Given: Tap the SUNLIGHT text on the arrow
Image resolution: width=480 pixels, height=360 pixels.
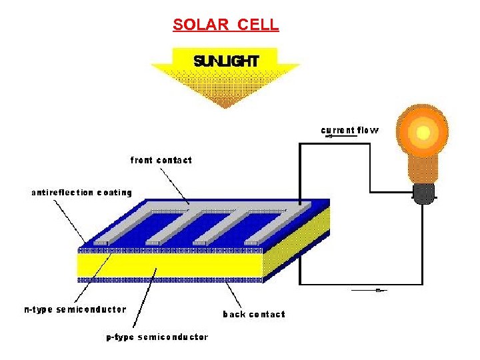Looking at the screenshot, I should [x=225, y=61].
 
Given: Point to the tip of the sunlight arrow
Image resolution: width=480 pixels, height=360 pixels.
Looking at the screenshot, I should [x=225, y=107].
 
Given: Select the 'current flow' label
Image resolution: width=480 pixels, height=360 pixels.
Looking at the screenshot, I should [x=350, y=129].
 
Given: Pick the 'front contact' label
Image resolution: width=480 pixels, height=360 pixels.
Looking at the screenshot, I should [x=161, y=160].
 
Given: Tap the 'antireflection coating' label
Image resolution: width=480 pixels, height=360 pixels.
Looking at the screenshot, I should [x=81, y=193].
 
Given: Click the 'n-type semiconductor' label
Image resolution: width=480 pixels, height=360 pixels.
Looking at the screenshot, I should [x=75, y=309].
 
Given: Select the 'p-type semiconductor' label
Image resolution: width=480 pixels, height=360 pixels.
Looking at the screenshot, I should [x=157, y=337].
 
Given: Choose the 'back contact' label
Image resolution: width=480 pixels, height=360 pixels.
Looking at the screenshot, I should [x=253, y=314].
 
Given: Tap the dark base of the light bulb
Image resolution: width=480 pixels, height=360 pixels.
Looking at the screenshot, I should [x=423, y=193].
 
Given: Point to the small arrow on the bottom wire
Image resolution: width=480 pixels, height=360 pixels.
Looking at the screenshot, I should [x=378, y=291].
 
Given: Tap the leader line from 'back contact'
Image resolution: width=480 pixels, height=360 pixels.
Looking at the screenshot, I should [x=233, y=293].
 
